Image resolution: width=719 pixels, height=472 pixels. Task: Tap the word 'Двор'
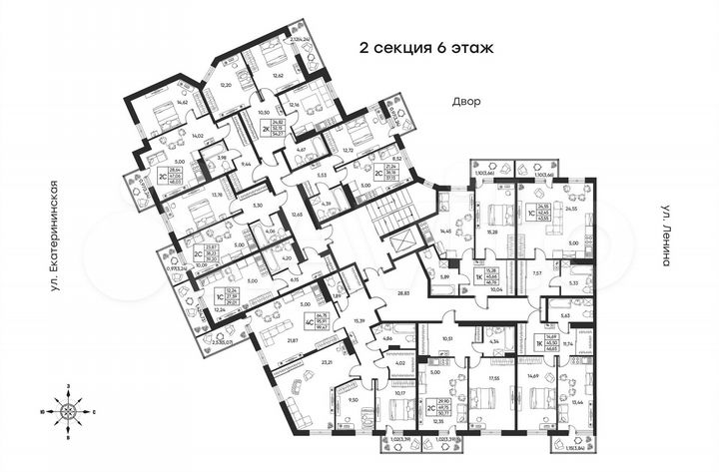coord(465,102)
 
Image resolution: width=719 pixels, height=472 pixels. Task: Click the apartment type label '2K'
coord(267,129)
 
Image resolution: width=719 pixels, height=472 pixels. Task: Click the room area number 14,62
coord(154,102)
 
